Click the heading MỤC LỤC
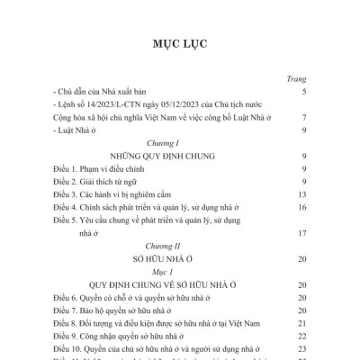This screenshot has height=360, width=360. pos(180,46)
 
